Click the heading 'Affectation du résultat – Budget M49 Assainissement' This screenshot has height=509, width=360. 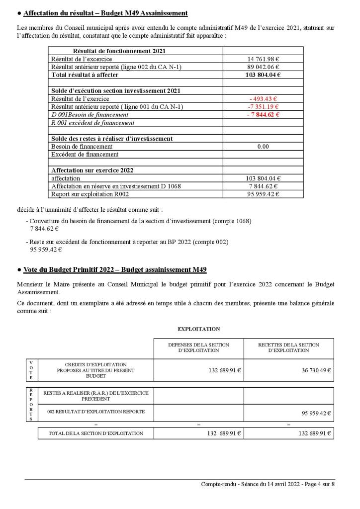(x=105, y=12)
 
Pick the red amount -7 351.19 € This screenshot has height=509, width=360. (x=263, y=107)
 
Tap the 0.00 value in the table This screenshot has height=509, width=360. (x=263, y=147)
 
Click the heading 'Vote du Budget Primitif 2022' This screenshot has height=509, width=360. (x=115, y=269)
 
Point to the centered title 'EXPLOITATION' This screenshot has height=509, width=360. (x=198, y=329)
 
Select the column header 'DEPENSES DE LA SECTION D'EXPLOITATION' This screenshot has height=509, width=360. (x=198, y=347)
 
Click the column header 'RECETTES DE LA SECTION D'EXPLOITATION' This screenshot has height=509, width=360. (x=288, y=347)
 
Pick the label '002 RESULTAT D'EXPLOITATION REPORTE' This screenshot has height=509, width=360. (x=96, y=412)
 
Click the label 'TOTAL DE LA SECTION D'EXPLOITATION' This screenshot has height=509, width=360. (x=96, y=433)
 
